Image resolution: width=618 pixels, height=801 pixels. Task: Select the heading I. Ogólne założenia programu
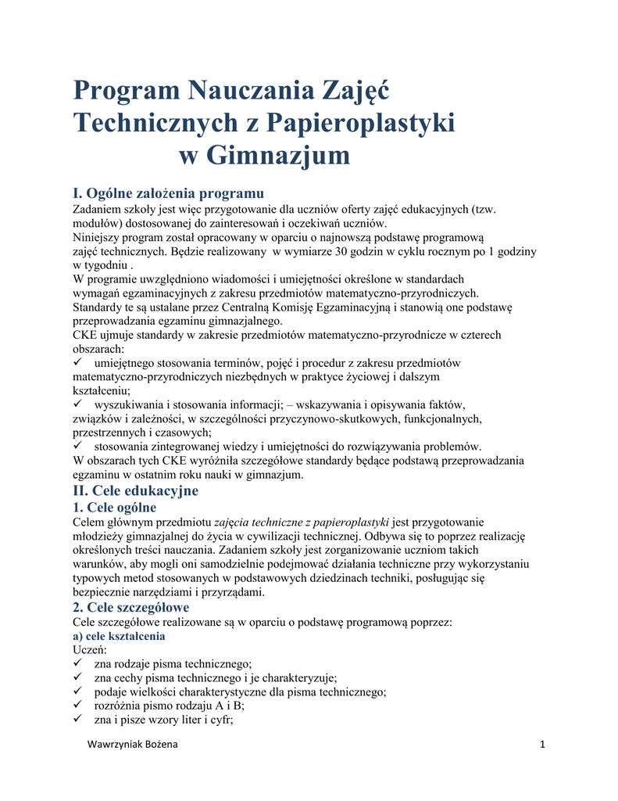pos(168,192)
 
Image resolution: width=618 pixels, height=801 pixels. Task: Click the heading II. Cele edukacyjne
pos(135,490)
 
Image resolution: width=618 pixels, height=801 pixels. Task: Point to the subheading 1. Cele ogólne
pos(114,507)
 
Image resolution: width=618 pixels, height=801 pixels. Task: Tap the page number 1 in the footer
pos(541,744)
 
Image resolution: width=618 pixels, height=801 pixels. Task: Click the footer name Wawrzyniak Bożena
pos(130,744)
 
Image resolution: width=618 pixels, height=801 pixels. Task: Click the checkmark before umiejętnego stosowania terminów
pos(77,363)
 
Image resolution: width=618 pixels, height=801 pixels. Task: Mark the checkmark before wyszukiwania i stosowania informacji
pos(77,404)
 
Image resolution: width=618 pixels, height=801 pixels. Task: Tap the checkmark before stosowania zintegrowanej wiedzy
pos(77,447)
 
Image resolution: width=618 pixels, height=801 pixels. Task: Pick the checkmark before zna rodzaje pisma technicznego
pos(77,663)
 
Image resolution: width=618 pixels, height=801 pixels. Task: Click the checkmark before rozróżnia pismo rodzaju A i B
pos(77,706)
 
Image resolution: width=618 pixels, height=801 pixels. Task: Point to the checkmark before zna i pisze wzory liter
pos(77,720)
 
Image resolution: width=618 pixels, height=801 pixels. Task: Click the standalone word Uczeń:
pos(89,650)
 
